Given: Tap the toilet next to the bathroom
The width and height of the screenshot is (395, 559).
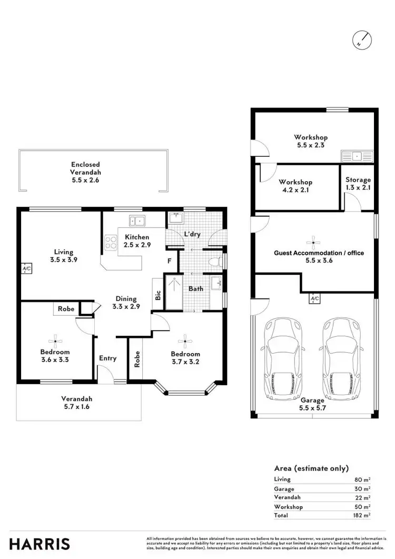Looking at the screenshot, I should (216, 261).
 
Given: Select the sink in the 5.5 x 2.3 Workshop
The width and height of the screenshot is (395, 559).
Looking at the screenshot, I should (357, 156).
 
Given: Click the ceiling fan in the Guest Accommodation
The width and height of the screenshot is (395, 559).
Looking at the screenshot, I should (313, 243).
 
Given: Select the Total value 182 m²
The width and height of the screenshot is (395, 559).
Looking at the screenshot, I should (362, 515).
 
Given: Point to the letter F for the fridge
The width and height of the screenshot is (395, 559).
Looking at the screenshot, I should (169, 261).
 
